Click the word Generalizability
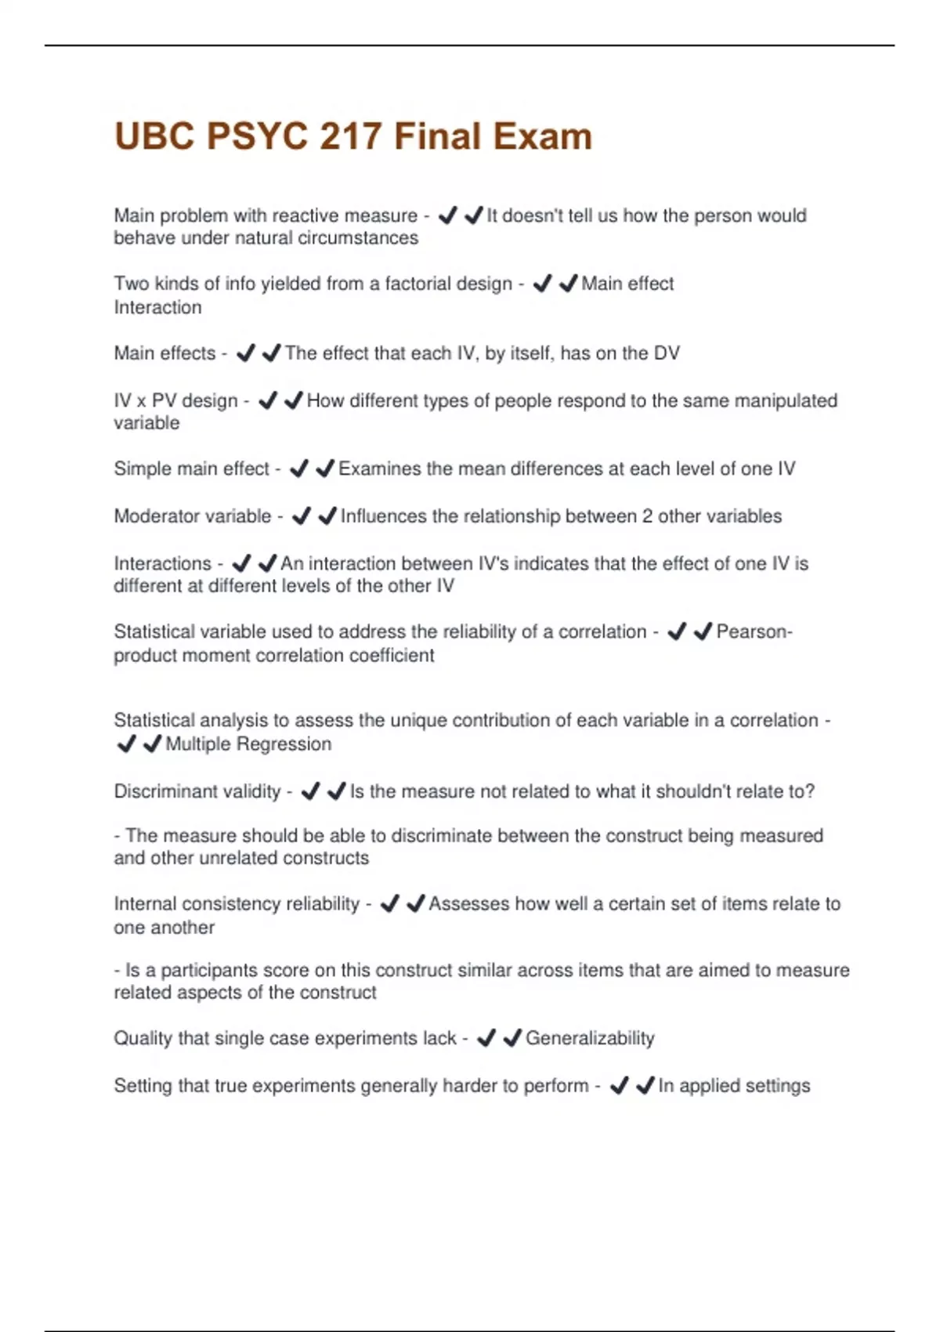click(x=590, y=1038)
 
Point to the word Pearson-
click(x=754, y=632)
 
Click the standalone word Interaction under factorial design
click(x=157, y=307)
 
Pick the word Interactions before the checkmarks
click(x=162, y=563)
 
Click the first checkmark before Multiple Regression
click(x=126, y=744)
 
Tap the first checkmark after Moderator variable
click(x=302, y=516)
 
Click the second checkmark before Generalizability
click(x=512, y=1038)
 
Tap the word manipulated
click(x=780, y=400)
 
